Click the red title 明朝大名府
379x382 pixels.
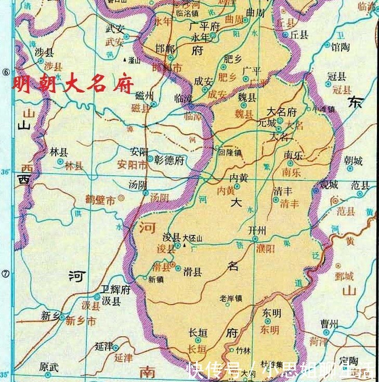(x=73, y=84)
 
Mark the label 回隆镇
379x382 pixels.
(x=230, y=153)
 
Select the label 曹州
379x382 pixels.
(x=329, y=325)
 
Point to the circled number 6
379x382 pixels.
(x=6, y=73)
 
